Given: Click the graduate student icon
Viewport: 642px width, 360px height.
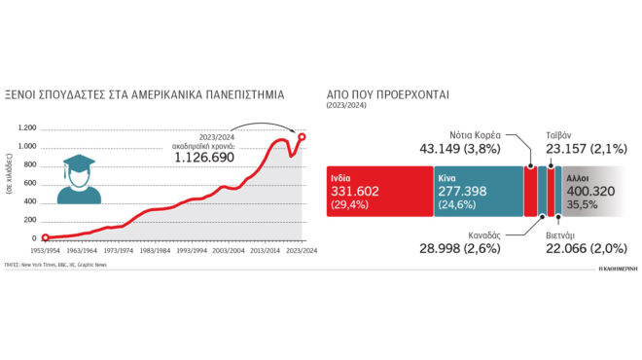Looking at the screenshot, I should tap(78, 181).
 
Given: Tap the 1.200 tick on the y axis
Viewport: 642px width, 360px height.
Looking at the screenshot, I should tap(26, 128).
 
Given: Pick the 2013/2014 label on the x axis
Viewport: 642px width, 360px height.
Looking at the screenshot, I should tap(266, 250).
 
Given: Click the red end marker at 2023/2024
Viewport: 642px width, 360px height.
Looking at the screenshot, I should tap(303, 136).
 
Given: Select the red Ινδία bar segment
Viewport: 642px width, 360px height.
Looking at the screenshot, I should tap(379, 190).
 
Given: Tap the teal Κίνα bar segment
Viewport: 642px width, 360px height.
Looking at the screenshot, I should tap(478, 190).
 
